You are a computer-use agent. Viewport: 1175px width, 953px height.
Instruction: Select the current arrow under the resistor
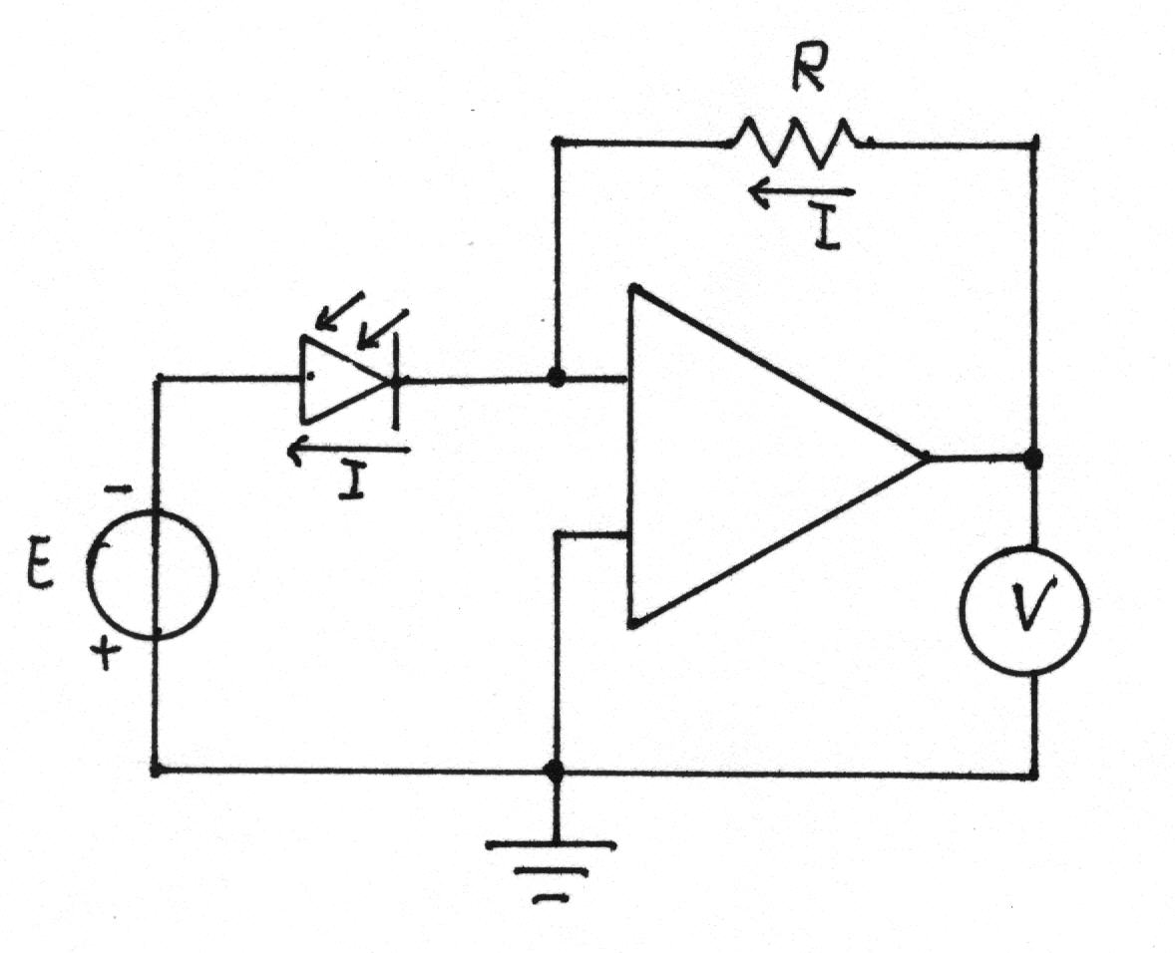pyautogui.click(x=800, y=193)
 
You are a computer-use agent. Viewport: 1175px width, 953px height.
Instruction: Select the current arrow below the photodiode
pyautogui.click(x=349, y=450)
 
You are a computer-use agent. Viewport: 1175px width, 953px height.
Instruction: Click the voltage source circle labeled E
pyautogui.click(x=153, y=575)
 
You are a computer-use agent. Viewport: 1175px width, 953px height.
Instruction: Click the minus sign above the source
pyautogui.click(x=116, y=490)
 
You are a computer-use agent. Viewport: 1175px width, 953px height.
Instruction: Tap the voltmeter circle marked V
pyautogui.click(x=1024, y=612)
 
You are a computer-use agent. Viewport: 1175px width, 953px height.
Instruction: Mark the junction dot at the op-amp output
pyautogui.click(x=1034, y=459)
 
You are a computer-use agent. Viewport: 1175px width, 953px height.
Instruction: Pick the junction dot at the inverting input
pyautogui.click(x=556, y=378)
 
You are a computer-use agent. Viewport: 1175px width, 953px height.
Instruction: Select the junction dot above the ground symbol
pyautogui.click(x=555, y=771)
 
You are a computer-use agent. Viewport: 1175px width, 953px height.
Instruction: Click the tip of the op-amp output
pyautogui.click(x=927, y=456)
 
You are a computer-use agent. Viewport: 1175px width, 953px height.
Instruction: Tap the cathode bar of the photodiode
pyautogui.click(x=395, y=380)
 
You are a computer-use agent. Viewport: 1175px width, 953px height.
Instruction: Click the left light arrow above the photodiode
pyautogui.click(x=338, y=312)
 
